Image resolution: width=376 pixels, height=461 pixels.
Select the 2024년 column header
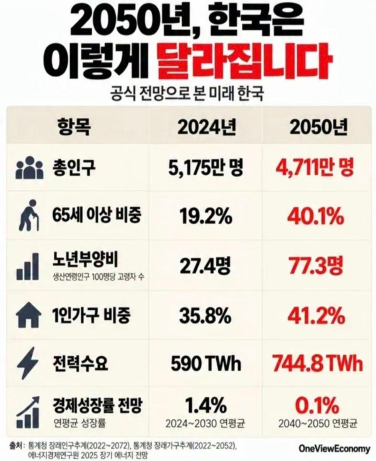pyautogui.click(x=207, y=127)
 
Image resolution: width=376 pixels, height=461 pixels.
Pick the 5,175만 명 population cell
pyautogui.click(x=206, y=167)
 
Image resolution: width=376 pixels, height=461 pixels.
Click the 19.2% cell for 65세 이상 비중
pyautogui.click(x=206, y=216)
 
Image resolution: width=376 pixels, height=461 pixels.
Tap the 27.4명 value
pyautogui.click(x=206, y=265)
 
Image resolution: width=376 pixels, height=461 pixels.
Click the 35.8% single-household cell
pyautogui.click(x=206, y=315)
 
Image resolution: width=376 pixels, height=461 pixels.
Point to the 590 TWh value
pyautogui.click(x=206, y=364)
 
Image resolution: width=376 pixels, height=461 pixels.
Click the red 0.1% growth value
pyautogui.click(x=317, y=405)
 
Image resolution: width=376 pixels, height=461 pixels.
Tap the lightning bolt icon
pyautogui.click(x=27, y=363)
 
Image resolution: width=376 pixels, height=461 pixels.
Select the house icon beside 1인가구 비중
pyautogui.click(x=28, y=315)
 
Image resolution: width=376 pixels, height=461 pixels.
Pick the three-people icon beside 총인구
pyautogui.click(x=28, y=168)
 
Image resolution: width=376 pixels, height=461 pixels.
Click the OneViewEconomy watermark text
pyautogui.click(x=334, y=449)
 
